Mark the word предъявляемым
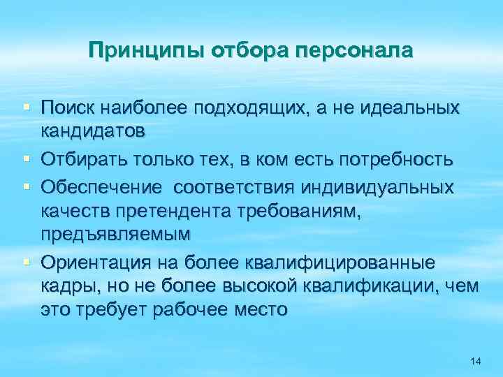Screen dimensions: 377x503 click(x=115, y=234)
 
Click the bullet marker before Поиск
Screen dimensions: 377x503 click(x=26, y=107)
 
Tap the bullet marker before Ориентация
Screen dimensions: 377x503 click(x=26, y=262)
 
